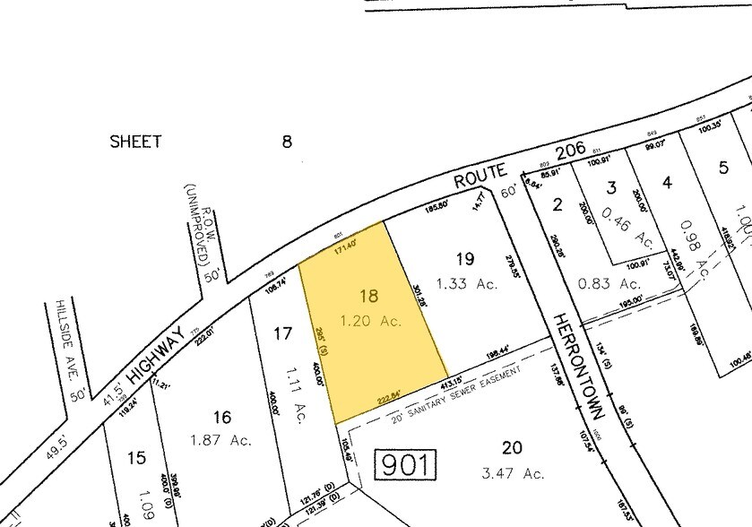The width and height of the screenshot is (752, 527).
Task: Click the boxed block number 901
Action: [404, 465]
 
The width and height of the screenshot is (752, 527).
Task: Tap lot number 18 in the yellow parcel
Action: [369, 296]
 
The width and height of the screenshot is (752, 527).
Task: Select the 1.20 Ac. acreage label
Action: [369, 321]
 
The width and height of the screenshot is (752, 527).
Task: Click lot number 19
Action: [464, 259]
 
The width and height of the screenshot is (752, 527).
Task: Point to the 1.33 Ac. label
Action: [466, 284]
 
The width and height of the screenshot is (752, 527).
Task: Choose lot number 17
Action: [283, 333]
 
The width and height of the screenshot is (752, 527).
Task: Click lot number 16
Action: [222, 417]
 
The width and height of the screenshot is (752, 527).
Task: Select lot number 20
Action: [512, 448]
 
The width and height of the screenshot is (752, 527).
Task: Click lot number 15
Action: [136, 458]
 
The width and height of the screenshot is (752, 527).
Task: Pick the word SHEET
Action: [135, 142]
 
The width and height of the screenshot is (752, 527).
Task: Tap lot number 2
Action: [558, 204]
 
